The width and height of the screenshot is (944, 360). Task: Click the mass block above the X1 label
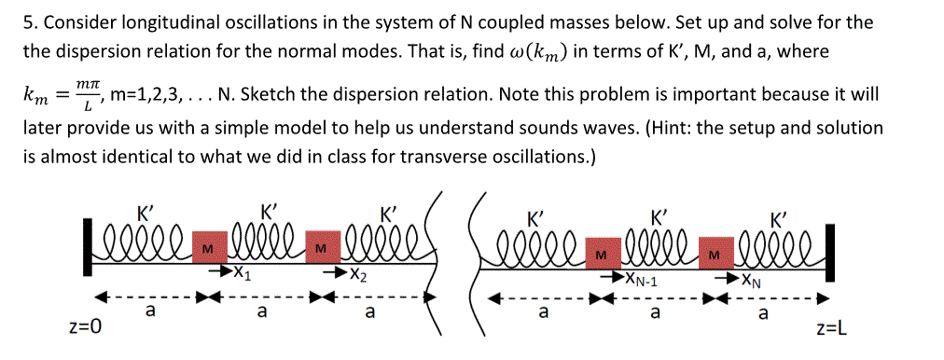206,249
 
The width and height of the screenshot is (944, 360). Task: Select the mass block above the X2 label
320,249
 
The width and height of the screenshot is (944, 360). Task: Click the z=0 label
85,328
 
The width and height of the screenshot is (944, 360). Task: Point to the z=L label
831,328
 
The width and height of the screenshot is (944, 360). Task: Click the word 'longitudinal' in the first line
136,21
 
